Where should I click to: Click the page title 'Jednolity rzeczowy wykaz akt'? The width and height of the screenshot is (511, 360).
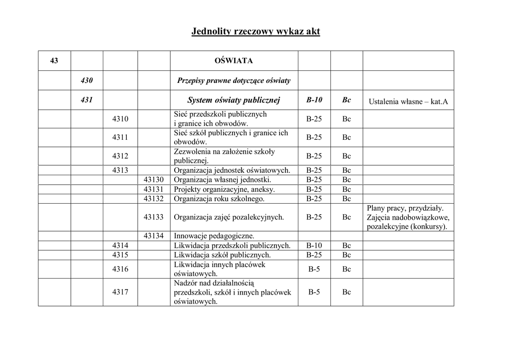coord(255,32)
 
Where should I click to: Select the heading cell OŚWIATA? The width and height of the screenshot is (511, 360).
coord(234,61)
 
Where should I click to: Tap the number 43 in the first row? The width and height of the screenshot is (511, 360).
coord(54,61)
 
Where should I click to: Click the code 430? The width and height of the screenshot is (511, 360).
coord(87,80)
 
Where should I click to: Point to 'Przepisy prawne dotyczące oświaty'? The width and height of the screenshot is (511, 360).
coord(234,80)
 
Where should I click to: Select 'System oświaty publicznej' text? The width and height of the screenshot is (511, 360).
coord(234,100)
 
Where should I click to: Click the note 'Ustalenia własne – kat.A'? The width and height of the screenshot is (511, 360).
coord(408,102)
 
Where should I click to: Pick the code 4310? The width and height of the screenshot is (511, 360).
coord(120,119)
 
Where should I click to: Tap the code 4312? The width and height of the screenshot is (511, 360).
coord(120,156)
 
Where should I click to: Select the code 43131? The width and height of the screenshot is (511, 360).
coord(154,189)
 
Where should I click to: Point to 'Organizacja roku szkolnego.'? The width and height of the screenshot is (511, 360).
coord(219,199)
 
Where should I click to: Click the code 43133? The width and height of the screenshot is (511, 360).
coord(154,217)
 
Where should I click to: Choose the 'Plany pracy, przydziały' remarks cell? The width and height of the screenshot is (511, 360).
coord(408,217)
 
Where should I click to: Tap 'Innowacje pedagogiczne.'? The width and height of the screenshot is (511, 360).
coord(214,236)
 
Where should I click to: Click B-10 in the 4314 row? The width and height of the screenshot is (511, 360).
coord(314,246)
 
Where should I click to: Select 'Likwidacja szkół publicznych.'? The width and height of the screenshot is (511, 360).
coord(222,255)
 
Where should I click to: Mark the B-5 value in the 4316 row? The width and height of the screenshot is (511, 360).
coord(314,269)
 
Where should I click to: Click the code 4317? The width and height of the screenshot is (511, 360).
coord(120,292)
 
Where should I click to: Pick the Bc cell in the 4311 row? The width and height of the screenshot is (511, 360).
coord(347,137)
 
